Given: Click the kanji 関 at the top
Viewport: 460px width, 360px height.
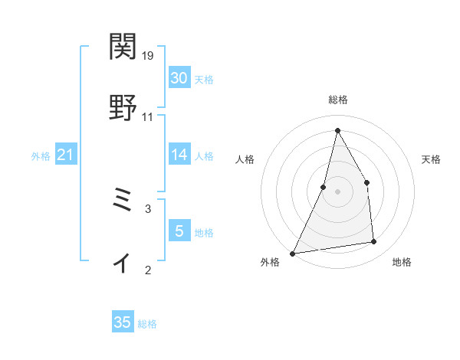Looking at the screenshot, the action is tap(123, 47).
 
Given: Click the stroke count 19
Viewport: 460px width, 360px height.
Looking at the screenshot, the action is tap(148, 56).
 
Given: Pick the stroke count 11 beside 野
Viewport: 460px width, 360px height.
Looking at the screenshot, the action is tap(148, 117).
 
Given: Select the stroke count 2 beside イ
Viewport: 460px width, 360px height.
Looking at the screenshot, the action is tap(148, 270).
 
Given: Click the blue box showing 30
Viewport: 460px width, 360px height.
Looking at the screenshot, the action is tap(179, 77).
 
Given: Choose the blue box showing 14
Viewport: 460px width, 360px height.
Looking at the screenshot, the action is tap(179, 155).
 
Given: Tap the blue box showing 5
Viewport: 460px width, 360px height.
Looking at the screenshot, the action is tap(179, 231).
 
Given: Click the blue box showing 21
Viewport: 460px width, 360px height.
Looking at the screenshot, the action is tap(66, 155).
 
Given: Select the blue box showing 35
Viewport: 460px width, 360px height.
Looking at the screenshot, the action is tap(123, 322).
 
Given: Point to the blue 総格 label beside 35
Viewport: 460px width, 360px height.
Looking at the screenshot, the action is tap(147, 324).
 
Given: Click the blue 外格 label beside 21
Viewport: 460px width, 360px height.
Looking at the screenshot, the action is tap(41, 156).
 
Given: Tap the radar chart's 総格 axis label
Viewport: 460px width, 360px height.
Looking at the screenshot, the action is tap(337, 100).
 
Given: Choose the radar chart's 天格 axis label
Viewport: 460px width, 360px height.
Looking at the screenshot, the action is tap(431, 160).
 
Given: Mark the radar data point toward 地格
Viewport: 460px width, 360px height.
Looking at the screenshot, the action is tap(374, 242).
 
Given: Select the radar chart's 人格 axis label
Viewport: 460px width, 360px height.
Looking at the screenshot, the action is tap(245, 160).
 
